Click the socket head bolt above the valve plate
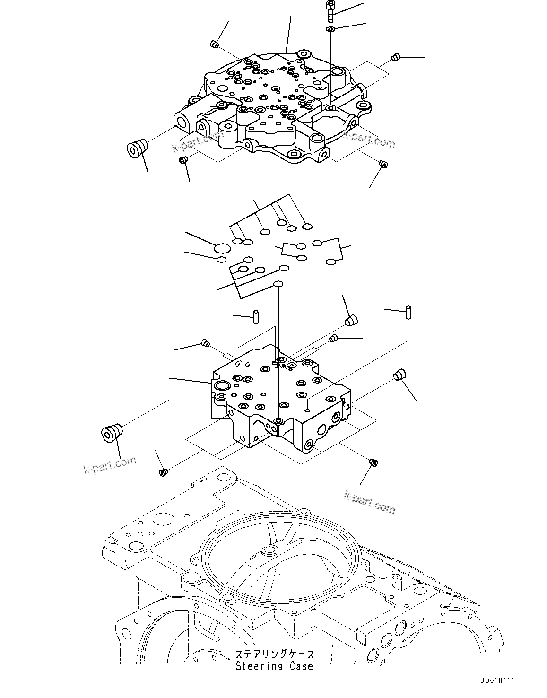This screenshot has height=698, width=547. pos(330,12)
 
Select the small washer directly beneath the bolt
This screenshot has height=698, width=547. pos(330,30)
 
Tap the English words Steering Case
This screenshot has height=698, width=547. pos(274,666)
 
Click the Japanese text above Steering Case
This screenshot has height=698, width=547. pos(274,654)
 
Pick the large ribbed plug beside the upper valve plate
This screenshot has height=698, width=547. pos(137,147)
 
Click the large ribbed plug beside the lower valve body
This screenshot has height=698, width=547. pos(112,433)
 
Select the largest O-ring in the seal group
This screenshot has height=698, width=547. pos(222,248)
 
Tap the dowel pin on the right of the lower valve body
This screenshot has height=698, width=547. pos(408,313)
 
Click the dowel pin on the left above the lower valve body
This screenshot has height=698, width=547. pos(256,315)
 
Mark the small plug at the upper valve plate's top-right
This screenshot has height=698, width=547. pos(396,58)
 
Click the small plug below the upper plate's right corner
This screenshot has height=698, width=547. pos(383,164)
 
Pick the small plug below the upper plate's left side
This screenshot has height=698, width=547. pos(183,161)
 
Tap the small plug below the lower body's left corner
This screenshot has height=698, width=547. pos(163,471)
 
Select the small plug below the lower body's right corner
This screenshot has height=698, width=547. pos(373,462)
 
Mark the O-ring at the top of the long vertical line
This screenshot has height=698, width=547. pos(278,284)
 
